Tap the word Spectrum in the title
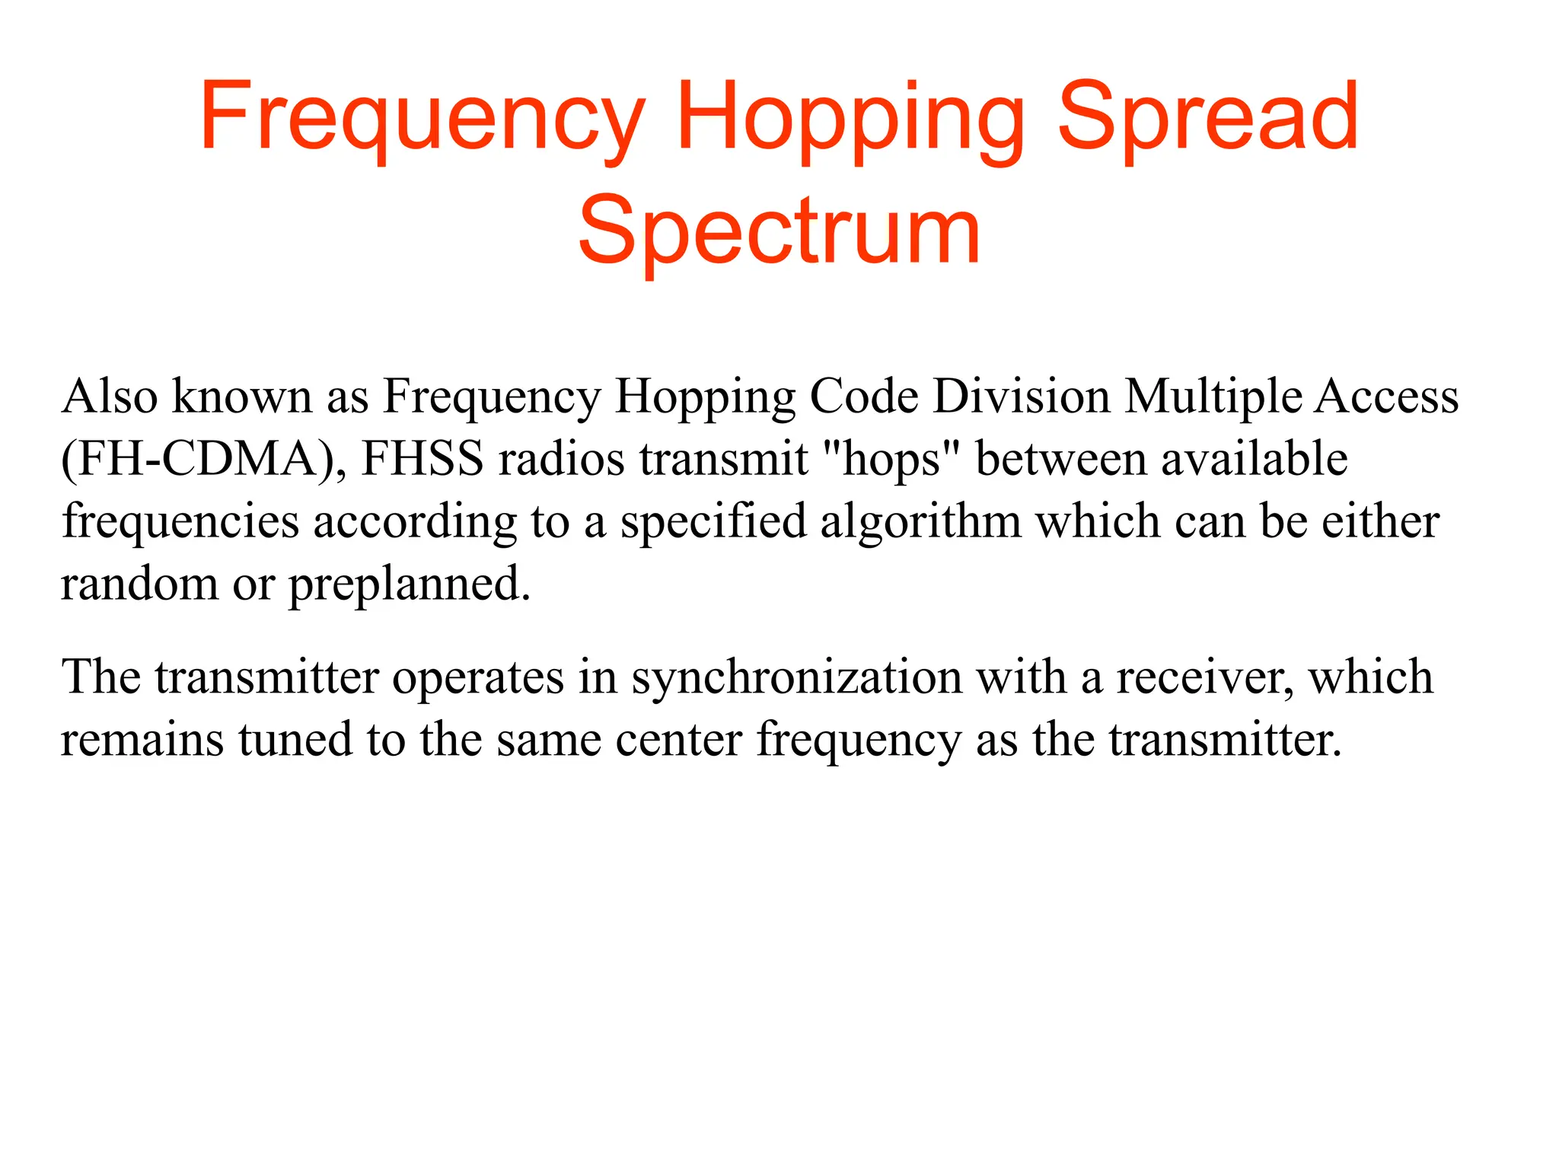[x=779, y=231]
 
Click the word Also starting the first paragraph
[x=110, y=397]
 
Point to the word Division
[x=1022, y=397]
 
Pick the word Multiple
[x=1213, y=398]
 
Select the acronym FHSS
[x=422, y=459]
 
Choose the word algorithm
[x=920, y=522]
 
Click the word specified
[x=713, y=523]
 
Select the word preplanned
[x=409, y=586]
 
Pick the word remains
[x=142, y=740]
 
